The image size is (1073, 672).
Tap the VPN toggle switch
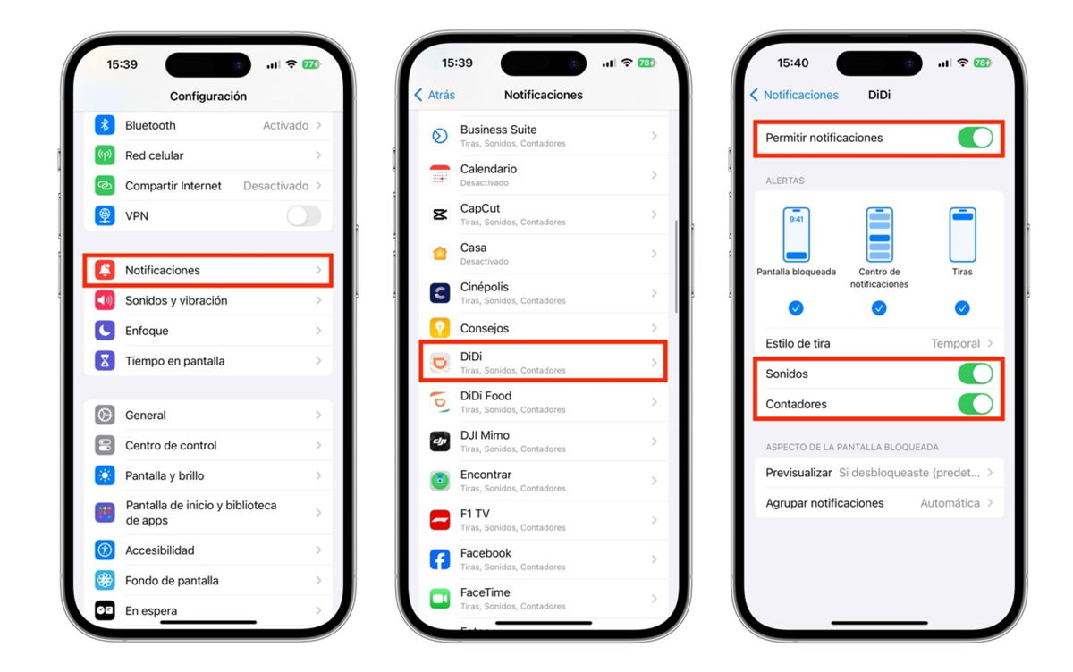[304, 216]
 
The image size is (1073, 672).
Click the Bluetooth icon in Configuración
[105, 125]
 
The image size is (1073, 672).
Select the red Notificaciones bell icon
[105, 270]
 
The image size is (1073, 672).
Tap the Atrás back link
[435, 95]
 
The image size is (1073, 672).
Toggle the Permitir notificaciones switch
[976, 138]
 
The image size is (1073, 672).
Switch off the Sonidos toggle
[976, 374]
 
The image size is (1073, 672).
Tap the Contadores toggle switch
[976, 404]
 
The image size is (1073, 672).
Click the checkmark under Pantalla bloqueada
[796, 307]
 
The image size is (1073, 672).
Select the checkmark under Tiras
[962, 307]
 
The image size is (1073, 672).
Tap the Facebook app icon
[440, 559]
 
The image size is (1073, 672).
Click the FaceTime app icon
[440, 599]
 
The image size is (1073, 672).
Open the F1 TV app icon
[440, 520]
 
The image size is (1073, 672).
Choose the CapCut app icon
[440, 214]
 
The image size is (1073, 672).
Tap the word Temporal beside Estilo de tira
[955, 344]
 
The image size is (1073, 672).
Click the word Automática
[950, 503]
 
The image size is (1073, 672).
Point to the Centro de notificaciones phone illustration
[879, 234]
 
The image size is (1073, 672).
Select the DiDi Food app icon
[440, 402]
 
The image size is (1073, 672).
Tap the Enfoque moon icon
[105, 331]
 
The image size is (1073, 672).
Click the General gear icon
[105, 415]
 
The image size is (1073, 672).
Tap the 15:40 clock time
[793, 63]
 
